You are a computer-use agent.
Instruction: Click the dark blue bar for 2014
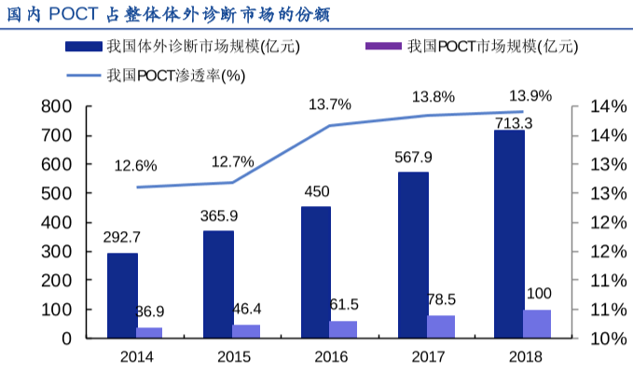pos(122,295)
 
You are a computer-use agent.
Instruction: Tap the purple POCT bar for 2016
pos(343,329)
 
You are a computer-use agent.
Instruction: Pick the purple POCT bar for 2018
pos(537,324)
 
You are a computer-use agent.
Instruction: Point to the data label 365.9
pos(219,215)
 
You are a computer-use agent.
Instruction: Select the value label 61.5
pos(344,305)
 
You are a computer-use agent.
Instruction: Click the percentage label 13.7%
pos(330,104)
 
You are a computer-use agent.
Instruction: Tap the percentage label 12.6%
pos(135,166)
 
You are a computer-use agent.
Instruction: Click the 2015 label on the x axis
pos(233,356)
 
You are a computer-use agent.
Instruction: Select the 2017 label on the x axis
pos(427,356)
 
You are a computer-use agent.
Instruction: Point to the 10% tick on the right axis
pos(589,339)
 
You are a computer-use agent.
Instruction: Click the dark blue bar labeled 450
pos(316,271)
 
